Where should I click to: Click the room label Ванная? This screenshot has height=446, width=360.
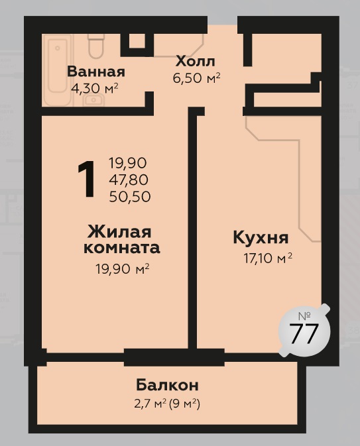coord(96,72)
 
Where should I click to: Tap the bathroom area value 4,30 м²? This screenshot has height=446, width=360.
coord(95,88)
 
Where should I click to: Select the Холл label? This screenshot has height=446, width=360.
coord(195,61)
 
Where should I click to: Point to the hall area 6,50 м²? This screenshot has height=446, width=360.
coord(196,78)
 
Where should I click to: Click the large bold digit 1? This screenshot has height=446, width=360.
coord(86,179)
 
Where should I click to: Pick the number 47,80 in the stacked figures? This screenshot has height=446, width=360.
coord(129,180)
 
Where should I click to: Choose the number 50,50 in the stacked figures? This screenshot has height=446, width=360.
coord(129,197)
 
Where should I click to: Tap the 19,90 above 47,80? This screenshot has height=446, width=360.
coord(127,163)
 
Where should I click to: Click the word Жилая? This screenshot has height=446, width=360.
coord(119,232)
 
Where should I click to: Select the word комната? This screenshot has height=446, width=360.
coord(121,248)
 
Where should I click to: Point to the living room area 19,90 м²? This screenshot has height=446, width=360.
coord(122,268)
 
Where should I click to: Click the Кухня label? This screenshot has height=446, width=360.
coord(261,238)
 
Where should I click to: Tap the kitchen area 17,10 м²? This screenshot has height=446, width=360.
coord(268,258)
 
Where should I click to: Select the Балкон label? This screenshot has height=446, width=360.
coord(167,385)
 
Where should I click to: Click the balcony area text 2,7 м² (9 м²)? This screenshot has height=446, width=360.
coord(167,404)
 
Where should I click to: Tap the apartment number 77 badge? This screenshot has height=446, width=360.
coord(304,331)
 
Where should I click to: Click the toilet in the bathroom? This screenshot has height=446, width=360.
coord(96,46)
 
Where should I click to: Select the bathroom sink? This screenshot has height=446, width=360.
coord(93,99)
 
